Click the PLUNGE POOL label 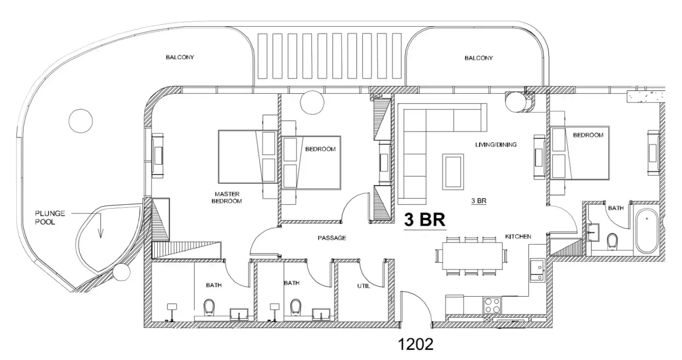pyautogui.click(x=50, y=218)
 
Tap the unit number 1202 pyautogui.click(x=416, y=344)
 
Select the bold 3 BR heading pyautogui.click(x=425, y=219)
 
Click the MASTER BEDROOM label pyautogui.click(x=227, y=198)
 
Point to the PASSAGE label pyautogui.click(x=332, y=238)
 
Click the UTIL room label pyautogui.click(x=364, y=286)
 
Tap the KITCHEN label pyautogui.click(x=518, y=236)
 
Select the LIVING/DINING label pyautogui.click(x=496, y=145)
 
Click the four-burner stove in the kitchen pyautogui.click(x=492, y=305)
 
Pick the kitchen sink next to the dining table pyautogui.click(x=537, y=270)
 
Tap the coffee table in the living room pyautogui.click(x=453, y=172)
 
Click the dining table pyautogui.click(x=472, y=256)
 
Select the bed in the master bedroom pyautogui.click(x=248, y=157)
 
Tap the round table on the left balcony pyautogui.click(x=80, y=121)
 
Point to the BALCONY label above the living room pyautogui.click(x=478, y=58)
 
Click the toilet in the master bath pyautogui.click(x=209, y=307)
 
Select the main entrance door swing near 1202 pyautogui.click(x=417, y=307)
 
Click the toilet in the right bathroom pyautogui.click(x=612, y=241)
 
